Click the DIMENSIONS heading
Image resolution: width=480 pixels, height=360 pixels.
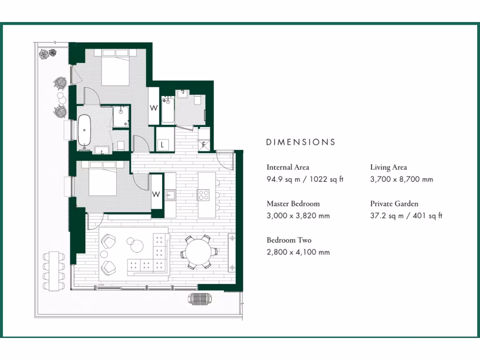pyautogui.click(x=300, y=142)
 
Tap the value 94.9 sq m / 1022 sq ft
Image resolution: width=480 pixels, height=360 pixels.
pyautogui.click(x=305, y=180)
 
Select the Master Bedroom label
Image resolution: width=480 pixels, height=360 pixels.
pyautogui.click(x=293, y=204)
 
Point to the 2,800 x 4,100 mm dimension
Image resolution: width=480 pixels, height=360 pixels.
pyautogui.click(x=298, y=252)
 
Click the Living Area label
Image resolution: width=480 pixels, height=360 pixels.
pyautogui.click(x=389, y=167)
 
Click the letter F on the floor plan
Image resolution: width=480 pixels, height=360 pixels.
pyautogui.click(x=204, y=144)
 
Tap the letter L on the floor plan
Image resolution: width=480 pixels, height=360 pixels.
pyautogui.click(x=162, y=144)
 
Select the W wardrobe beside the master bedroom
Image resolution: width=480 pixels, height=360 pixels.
pyautogui.click(x=153, y=107)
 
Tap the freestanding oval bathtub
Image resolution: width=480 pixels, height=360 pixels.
pyautogui.click(x=85, y=130)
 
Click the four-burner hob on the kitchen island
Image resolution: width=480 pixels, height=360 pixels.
pyautogui.click(x=204, y=195)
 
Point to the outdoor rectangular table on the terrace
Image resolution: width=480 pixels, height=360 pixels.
pyautogui.click(x=55, y=270)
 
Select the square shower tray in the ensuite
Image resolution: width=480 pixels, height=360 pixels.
pyautogui.click(x=121, y=116)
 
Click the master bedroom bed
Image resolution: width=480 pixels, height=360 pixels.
pyautogui.click(x=115, y=70)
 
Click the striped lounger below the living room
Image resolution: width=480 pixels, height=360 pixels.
pyautogui.click(x=201, y=299)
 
